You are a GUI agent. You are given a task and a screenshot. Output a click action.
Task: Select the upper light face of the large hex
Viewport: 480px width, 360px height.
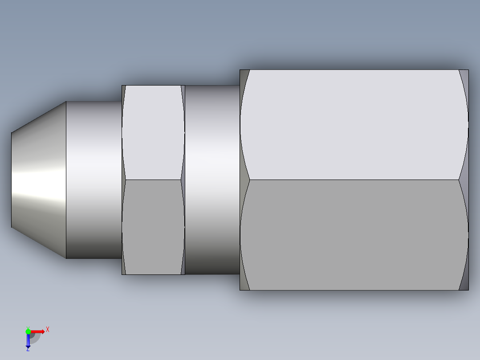(354, 125)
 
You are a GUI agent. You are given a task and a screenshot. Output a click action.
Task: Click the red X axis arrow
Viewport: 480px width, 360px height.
(38, 331)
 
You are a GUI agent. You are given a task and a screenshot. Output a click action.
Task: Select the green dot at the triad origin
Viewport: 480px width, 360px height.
(28, 331)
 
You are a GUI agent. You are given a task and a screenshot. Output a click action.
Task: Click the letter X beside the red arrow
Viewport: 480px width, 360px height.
(48, 330)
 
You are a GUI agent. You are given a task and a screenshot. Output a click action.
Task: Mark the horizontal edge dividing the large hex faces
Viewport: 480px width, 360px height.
(354, 180)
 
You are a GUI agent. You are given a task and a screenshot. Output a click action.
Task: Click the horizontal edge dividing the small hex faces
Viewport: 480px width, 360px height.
(153, 180)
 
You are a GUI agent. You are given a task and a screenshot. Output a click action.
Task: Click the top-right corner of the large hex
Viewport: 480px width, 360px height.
(468, 70)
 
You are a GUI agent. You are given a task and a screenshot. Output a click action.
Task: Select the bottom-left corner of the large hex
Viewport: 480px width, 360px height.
(240, 290)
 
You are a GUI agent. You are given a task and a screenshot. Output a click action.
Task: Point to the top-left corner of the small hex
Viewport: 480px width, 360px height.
(122, 86)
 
